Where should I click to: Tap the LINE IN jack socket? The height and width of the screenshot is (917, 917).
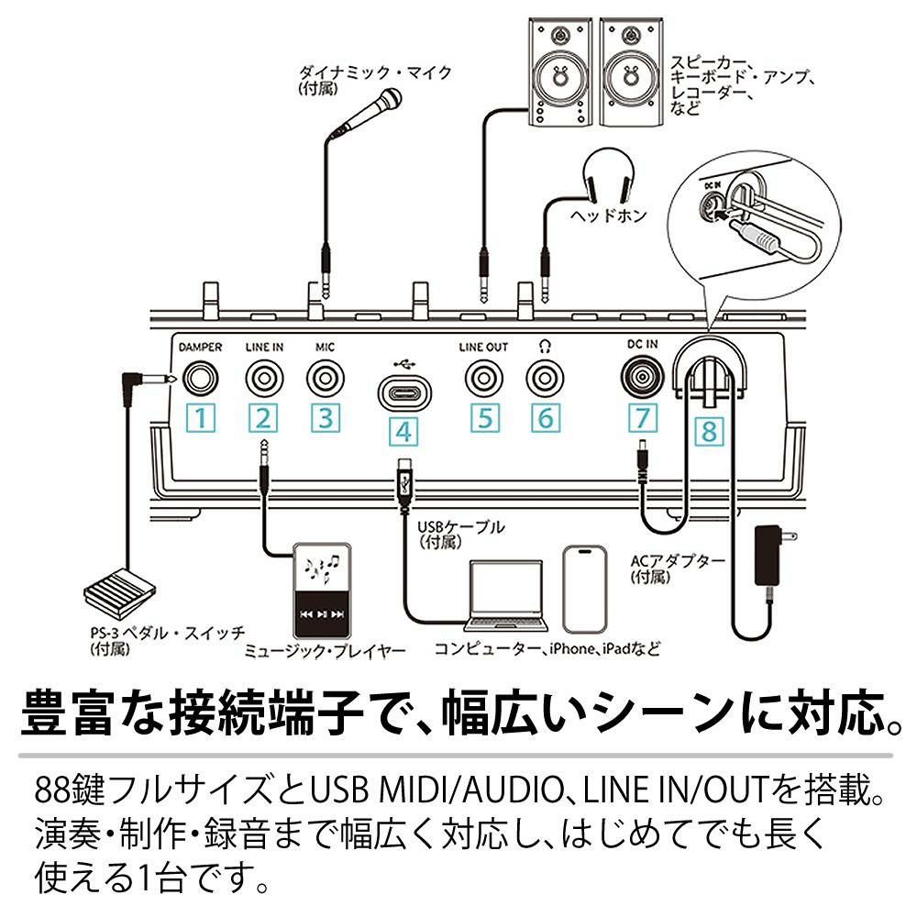[264, 378]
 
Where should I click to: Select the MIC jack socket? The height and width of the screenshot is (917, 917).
[325, 378]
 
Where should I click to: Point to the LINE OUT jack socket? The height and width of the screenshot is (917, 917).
[483, 378]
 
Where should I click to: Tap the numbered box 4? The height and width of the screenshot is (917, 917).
[404, 431]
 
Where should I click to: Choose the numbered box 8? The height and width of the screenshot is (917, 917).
[708, 430]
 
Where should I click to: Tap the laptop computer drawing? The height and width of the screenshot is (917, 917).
[506, 596]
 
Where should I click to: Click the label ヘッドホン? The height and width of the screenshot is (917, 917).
[608, 217]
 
